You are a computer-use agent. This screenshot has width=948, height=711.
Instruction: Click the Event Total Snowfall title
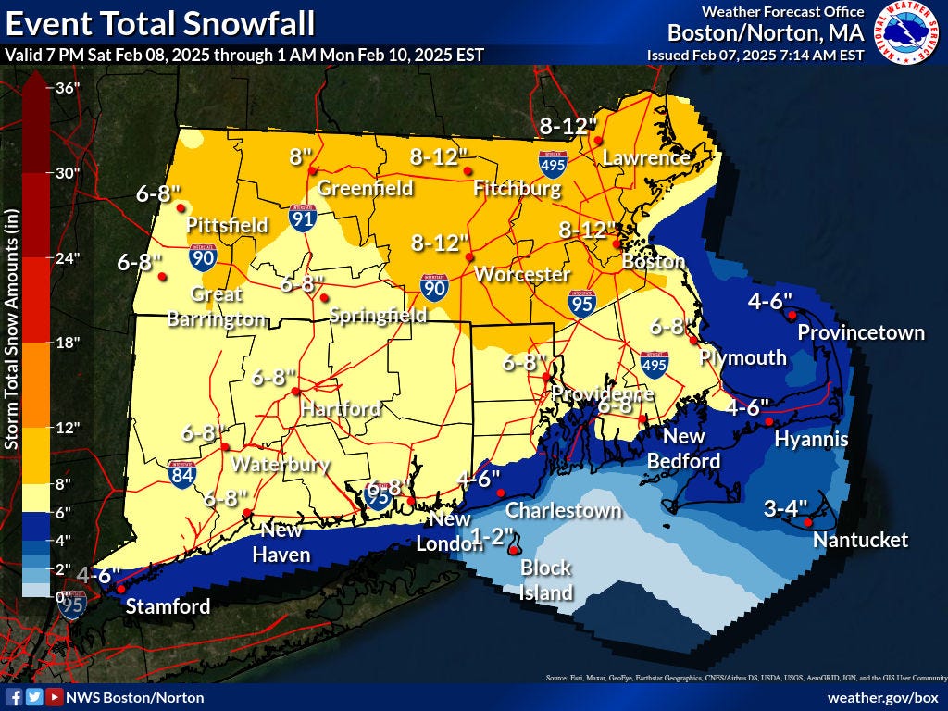tap(160, 22)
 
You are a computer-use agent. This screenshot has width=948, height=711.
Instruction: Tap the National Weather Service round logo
tap(906, 32)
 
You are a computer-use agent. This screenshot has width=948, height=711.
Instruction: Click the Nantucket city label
tap(860, 540)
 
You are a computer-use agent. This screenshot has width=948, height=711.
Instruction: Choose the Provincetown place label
tap(861, 332)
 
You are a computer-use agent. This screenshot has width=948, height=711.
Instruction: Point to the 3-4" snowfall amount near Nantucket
tap(786, 508)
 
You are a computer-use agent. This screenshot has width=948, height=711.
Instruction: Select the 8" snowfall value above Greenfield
tap(301, 156)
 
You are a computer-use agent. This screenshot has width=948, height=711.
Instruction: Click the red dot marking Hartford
tap(296, 392)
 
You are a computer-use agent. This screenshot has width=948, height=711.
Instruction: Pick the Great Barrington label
tap(217, 306)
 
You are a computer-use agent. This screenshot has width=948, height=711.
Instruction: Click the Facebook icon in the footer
tap(14, 697)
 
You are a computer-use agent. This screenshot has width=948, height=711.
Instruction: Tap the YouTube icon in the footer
tap(55, 697)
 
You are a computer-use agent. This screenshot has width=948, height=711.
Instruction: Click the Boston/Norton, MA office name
tap(766, 32)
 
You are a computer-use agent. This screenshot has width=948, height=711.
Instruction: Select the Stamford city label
tap(168, 606)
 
